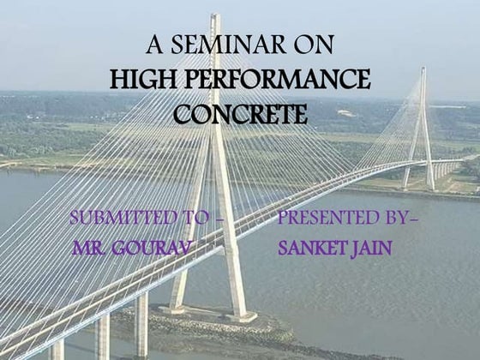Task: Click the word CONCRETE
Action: (240, 114)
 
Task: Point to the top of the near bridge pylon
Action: (215, 17)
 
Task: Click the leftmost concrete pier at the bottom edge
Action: (57, 350)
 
